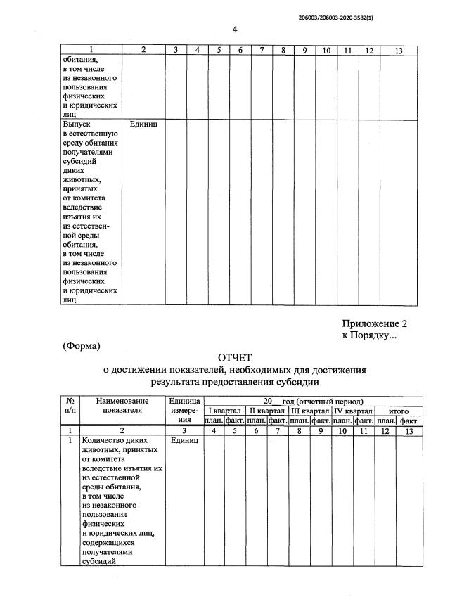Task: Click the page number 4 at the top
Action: click(x=235, y=29)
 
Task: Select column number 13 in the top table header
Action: click(x=399, y=51)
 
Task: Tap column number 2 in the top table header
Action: click(x=143, y=51)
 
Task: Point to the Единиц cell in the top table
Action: click(x=143, y=123)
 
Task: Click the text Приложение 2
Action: click(x=375, y=323)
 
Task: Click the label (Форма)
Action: click(x=82, y=345)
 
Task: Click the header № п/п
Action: click(x=71, y=405)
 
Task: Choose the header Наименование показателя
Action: click(x=122, y=405)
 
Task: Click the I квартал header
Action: click(x=225, y=410)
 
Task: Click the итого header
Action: click(x=399, y=410)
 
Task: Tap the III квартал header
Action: click(x=310, y=410)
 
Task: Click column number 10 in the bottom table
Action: click(x=342, y=430)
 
